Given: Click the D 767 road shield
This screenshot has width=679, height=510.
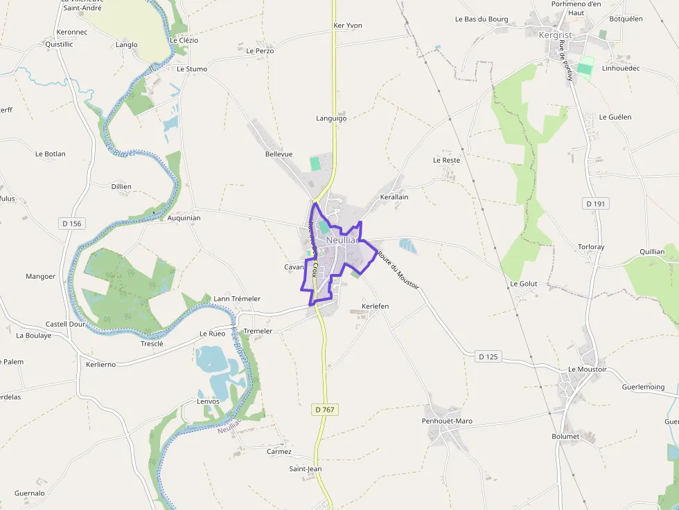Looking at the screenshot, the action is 325,410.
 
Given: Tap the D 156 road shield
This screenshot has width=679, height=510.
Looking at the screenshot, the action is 71,223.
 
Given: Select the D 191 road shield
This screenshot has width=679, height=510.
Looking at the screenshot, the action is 595,203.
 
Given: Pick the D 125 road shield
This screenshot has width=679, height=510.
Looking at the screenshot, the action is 488,357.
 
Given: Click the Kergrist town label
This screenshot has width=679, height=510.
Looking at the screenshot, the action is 556,34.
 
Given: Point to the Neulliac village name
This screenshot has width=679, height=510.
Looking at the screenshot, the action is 343,240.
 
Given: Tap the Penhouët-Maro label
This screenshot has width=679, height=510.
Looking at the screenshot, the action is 447,421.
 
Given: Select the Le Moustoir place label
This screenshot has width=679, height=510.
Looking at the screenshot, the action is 587,370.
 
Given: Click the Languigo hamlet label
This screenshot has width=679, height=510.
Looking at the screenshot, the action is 331,118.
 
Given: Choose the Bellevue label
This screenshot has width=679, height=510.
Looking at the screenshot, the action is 279,154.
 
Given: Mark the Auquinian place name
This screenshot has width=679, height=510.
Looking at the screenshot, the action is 184,218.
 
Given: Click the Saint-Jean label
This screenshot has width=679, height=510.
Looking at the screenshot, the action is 306,468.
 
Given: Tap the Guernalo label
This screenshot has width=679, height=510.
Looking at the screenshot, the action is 30,493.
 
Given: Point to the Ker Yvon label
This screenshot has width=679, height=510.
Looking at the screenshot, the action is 348,26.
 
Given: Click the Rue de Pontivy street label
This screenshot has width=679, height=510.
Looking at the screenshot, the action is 565,60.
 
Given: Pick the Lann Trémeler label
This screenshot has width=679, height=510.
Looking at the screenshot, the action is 237,299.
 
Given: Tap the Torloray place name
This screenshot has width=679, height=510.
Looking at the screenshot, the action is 591,247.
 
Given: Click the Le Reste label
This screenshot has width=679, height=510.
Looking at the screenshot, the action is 446,160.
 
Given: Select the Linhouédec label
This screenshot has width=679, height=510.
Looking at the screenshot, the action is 621,69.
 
